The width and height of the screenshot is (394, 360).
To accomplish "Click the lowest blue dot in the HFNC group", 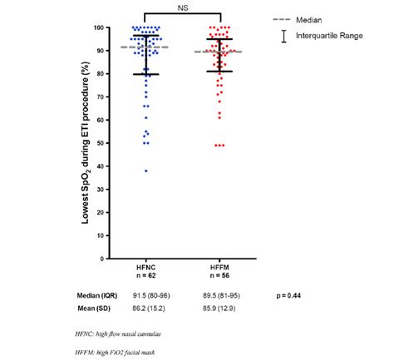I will [x=146, y=171].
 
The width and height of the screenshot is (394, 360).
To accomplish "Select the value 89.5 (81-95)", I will [x=221, y=295].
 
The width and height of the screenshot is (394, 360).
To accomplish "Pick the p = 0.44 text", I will [x=288, y=295].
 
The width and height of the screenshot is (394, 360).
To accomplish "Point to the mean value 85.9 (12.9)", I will [x=221, y=310].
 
